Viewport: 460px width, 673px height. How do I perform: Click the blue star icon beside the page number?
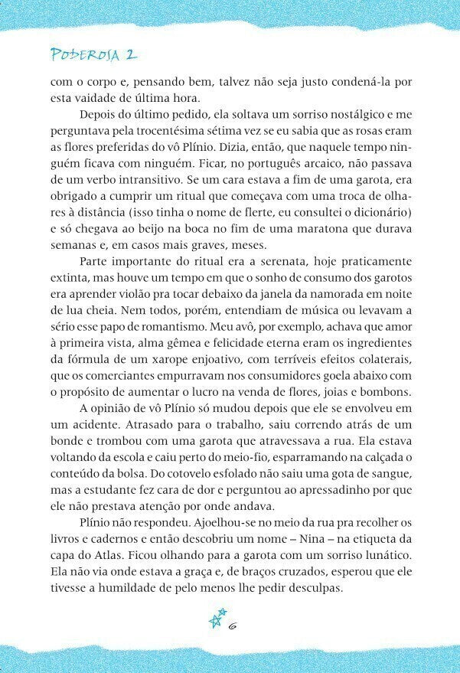tap(218, 619)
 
